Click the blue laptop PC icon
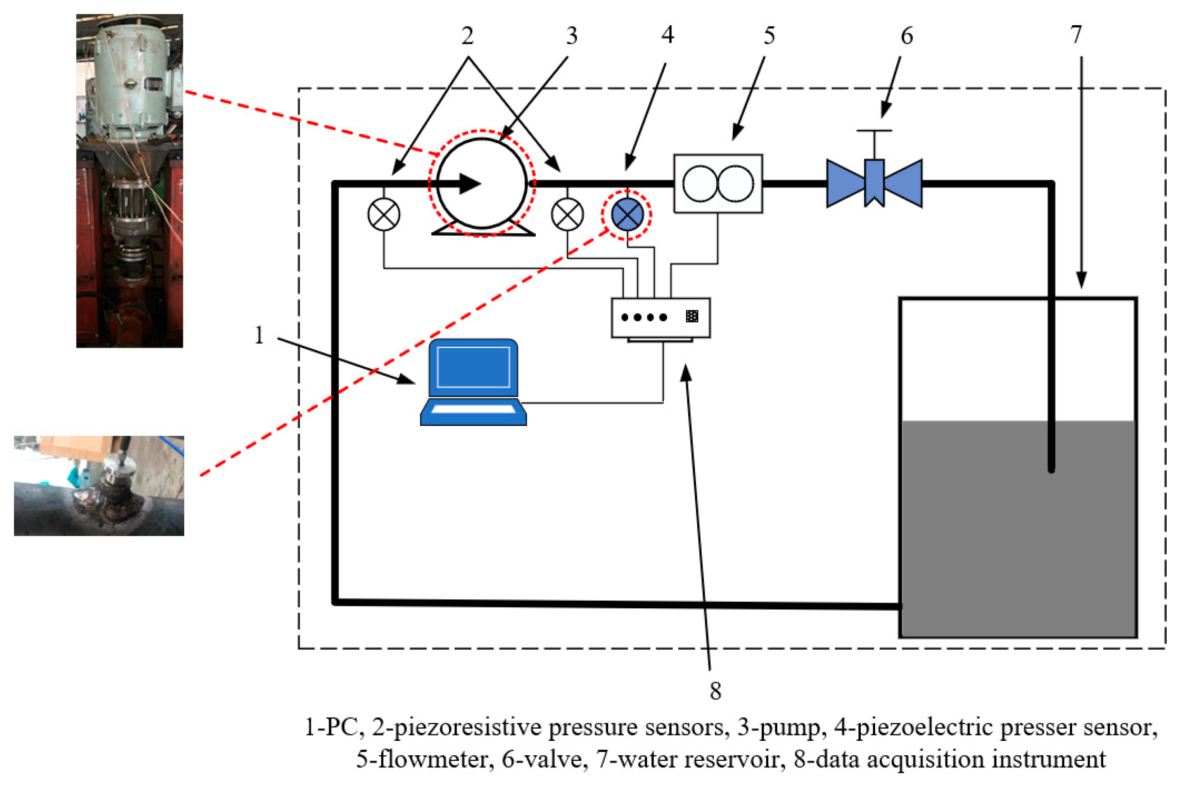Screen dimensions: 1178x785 point(473,383)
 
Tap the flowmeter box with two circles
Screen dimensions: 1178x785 point(718,184)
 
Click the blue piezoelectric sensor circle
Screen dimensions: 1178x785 point(627,214)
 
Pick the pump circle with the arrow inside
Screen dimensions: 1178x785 point(482,183)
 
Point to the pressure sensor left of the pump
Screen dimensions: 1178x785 point(384,214)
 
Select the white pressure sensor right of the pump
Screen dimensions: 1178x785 point(567,214)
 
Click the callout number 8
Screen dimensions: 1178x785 point(716,691)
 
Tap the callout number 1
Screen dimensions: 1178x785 point(259,335)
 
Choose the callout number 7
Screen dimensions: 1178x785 point(1076,35)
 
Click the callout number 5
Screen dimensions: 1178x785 point(769,36)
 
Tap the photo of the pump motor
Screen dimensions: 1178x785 point(129,181)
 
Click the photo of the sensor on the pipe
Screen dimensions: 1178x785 point(99,486)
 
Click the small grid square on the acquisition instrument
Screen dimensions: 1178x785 point(692,316)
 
